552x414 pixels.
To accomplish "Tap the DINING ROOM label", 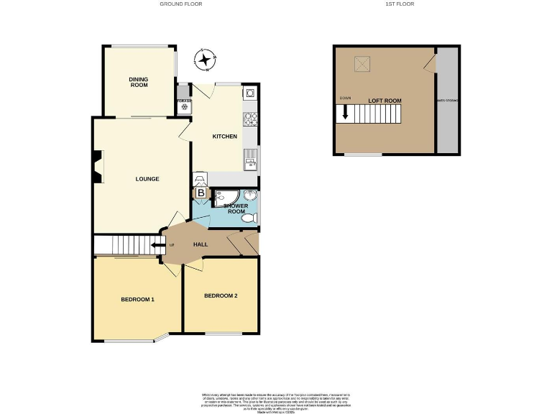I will (x=139, y=82).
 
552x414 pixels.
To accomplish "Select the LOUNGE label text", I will (x=147, y=179).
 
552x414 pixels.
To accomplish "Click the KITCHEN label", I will (x=224, y=136).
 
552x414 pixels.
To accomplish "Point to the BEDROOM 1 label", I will (x=137, y=299).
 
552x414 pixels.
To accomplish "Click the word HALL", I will (x=201, y=244).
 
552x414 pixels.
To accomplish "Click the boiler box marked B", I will (x=201, y=193).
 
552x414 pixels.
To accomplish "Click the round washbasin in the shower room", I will (x=251, y=195).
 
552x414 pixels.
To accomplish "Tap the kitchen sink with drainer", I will (x=250, y=158).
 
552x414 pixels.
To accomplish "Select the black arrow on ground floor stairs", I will (x=154, y=245).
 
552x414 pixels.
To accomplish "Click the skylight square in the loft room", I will (x=361, y=64).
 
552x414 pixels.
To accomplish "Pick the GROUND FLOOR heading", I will (x=180, y=4).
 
